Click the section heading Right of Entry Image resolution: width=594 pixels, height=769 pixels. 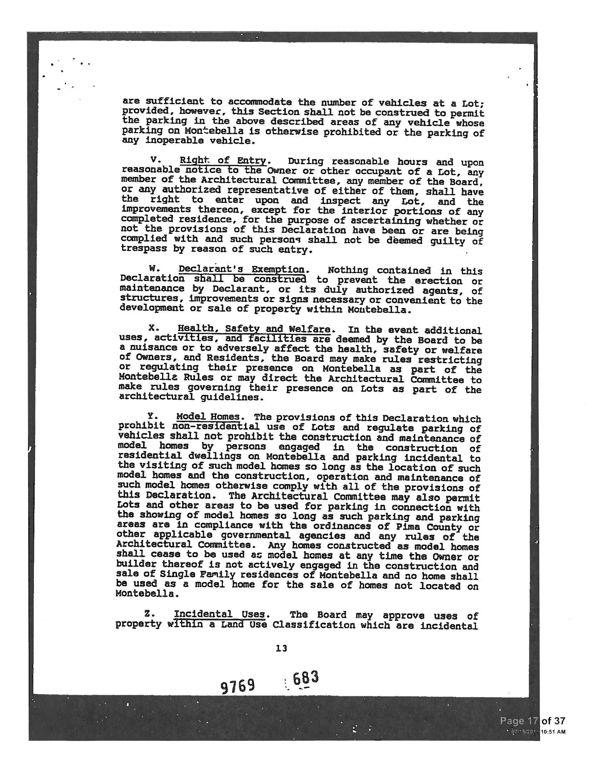pos(223,161)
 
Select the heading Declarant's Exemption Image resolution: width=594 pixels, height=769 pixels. pos(241,269)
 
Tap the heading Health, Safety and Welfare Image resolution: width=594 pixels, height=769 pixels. pos(254,329)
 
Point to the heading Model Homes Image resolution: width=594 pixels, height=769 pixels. pos(208,417)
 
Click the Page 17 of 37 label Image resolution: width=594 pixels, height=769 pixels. pos(533,720)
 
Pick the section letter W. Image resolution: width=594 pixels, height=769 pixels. pos(153,269)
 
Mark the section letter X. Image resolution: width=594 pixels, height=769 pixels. pos(152,328)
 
